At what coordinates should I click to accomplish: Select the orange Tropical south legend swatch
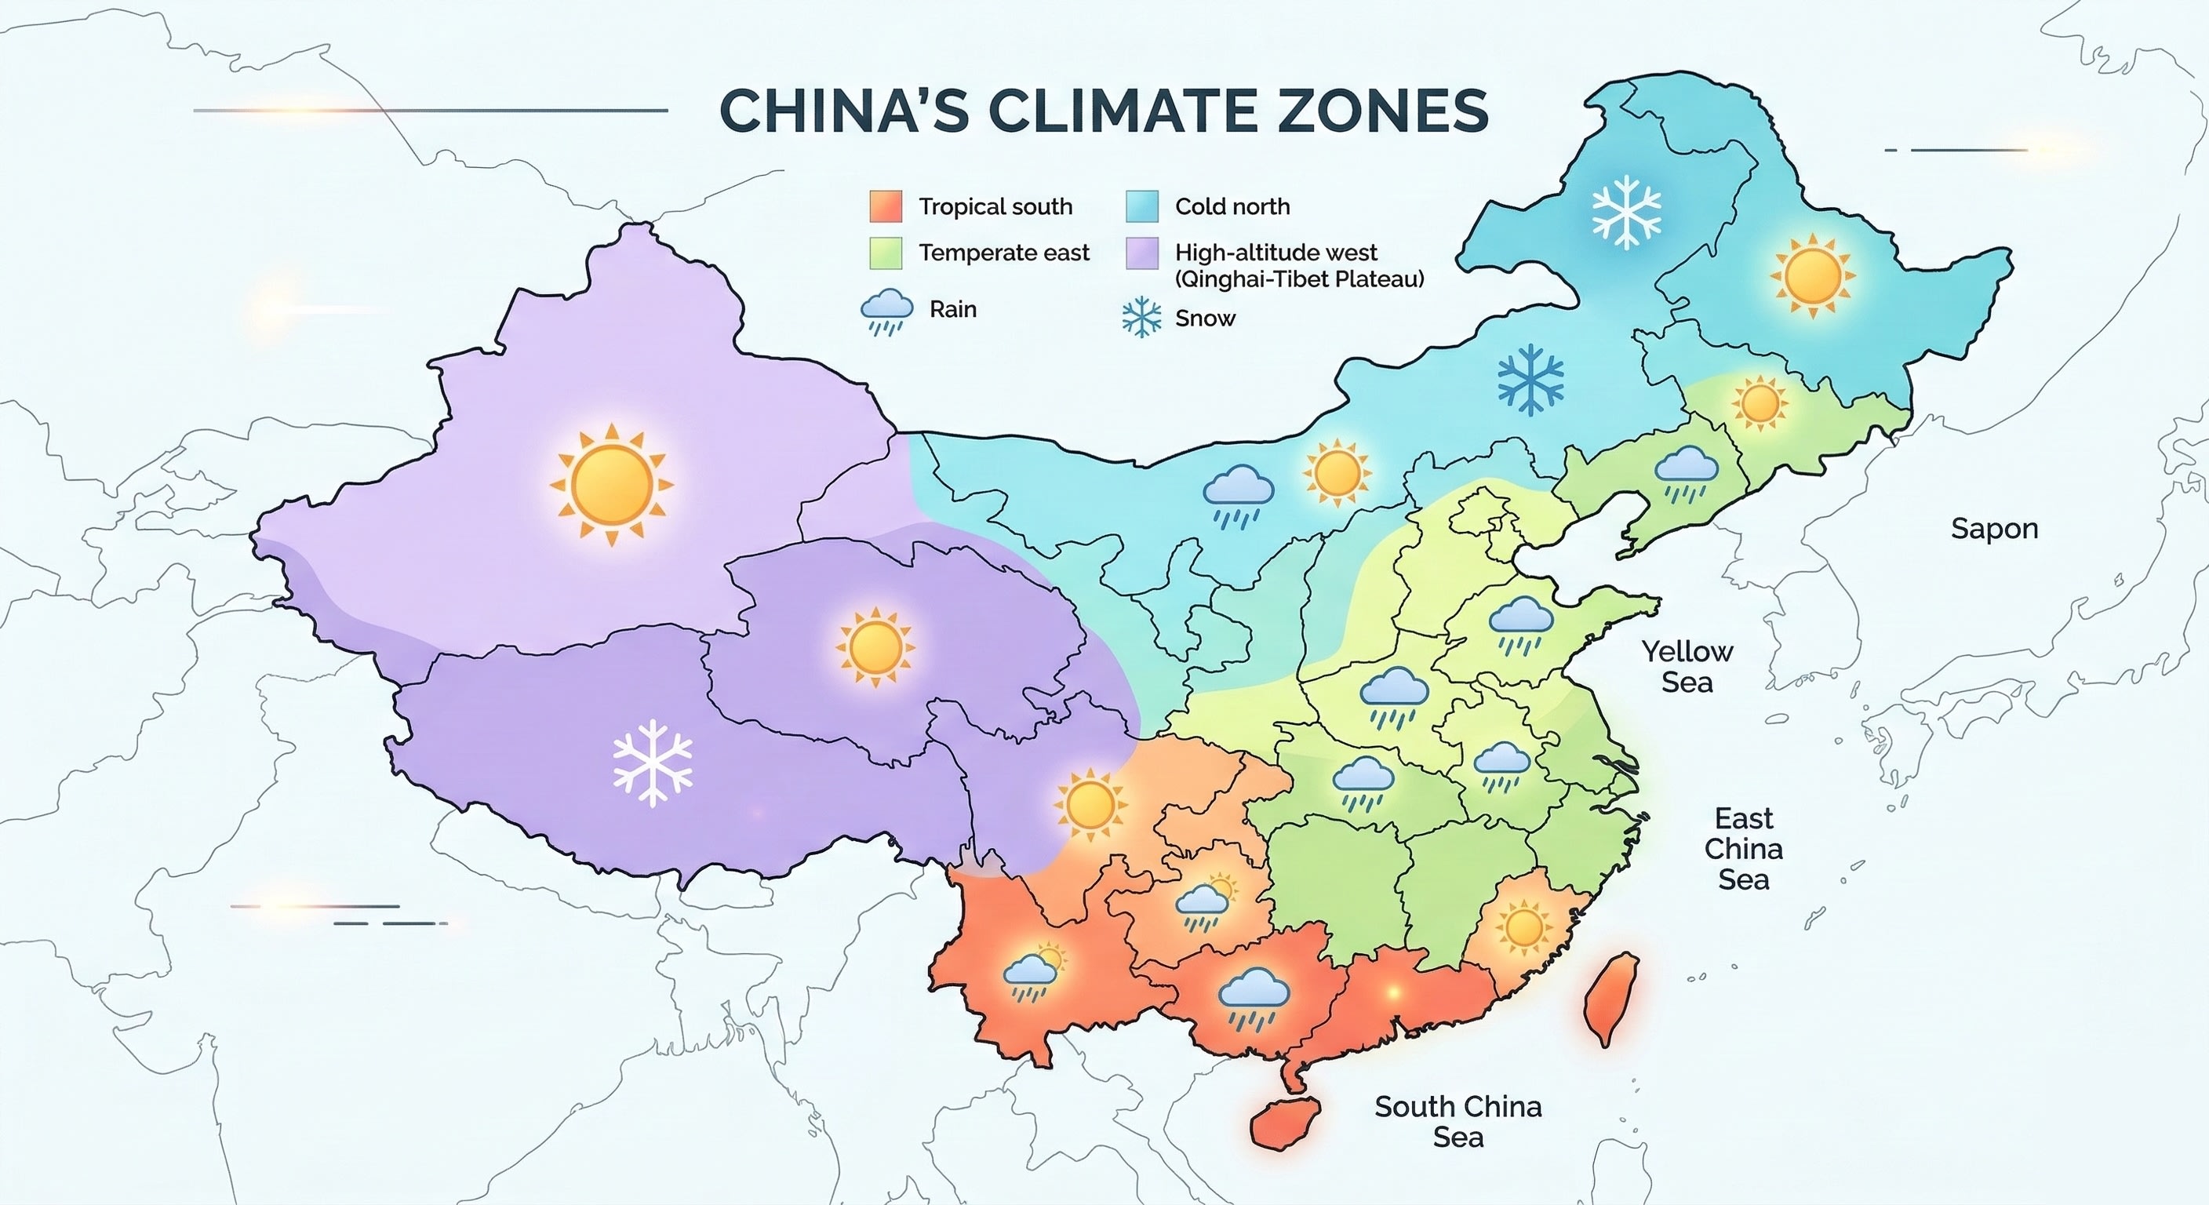(x=885, y=206)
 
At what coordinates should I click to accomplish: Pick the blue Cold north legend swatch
(x=1141, y=206)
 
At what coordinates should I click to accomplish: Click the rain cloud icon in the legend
(x=886, y=311)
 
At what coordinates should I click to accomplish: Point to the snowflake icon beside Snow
(x=1141, y=319)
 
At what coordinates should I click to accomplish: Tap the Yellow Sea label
(x=1687, y=666)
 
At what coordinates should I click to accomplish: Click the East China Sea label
(x=1743, y=848)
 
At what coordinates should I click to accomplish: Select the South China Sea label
(x=1458, y=1121)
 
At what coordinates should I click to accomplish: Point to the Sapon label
(x=1994, y=528)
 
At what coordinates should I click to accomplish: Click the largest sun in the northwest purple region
(x=611, y=485)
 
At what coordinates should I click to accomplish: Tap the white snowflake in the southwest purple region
(x=653, y=763)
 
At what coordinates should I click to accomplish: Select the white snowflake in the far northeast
(x=1626, y=212)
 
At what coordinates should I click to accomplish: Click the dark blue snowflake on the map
(x=1530, y=380)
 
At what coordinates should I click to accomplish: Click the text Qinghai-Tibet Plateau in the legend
(x=1299, y=278)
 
